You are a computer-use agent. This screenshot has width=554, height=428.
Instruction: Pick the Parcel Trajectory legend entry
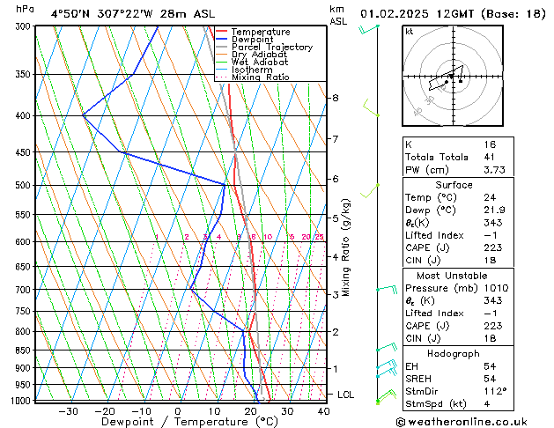(x=271, y=47)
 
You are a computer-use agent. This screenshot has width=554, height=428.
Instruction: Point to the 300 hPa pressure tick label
(x=23, y=26)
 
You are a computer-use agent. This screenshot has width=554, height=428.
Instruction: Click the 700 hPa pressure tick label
(x=23, y=290)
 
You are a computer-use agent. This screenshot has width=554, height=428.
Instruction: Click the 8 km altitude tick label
(x=335, y=98)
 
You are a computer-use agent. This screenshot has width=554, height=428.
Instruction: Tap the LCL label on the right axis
(x=345, y=395)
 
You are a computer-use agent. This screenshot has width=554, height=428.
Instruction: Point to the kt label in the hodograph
(x=409, y=32)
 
